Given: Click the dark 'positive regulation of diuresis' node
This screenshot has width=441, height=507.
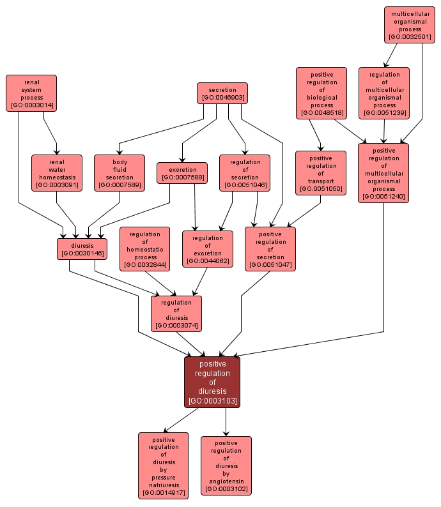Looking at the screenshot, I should [212, 381].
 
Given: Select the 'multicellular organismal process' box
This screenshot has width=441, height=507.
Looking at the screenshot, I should [410, 25].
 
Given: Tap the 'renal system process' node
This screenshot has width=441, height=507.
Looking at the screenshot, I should [31, 93].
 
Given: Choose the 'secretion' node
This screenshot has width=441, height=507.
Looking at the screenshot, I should [222, 94].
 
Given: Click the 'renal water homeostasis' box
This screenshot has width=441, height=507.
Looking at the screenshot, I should [57, 172].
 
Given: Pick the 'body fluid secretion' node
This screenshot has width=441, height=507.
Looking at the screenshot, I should [120, 172].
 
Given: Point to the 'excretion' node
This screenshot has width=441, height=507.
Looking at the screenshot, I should [182, 173].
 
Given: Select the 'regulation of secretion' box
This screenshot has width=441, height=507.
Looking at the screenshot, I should [245, 172].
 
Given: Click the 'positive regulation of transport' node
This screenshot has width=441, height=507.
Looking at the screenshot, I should [320, 172].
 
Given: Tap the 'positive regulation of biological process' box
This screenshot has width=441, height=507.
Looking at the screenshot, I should [321, 93].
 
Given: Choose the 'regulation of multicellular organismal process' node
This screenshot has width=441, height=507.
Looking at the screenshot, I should [384, 93].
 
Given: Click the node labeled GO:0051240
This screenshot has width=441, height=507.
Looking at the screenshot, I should [383, 172].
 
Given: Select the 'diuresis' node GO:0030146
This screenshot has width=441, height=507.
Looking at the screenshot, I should [82, 249].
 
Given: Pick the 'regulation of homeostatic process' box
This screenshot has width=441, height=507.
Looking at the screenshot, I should [144, 249].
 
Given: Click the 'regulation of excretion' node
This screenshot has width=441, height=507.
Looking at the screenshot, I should [208, 249].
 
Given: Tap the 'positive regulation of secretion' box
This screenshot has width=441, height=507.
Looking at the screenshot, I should [270, 249].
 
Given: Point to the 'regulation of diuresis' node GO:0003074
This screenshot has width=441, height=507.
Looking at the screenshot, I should [176, 314].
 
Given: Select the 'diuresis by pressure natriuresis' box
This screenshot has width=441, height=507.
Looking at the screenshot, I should [164, 465].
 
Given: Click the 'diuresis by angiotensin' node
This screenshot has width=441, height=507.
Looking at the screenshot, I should [226, 465].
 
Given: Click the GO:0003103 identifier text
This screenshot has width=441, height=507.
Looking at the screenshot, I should [212, 401].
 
